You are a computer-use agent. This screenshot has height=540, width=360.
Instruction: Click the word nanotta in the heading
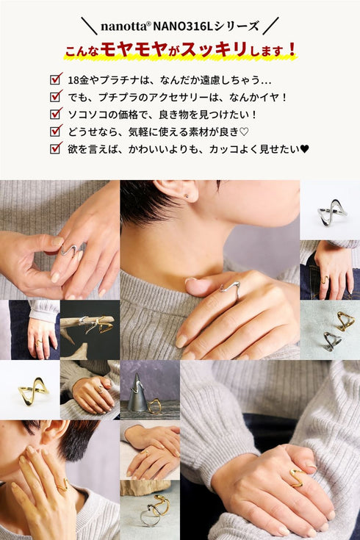pyautogui.click(x=123, y=27)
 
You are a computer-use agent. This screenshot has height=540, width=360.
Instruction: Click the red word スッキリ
pyautogui.click(x=214, y=49)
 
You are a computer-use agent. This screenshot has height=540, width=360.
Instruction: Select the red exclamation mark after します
pyautogui.click(x=292, y=49)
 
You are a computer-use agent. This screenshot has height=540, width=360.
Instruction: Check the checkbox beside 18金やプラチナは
pyautogui.click(x=56, y=79)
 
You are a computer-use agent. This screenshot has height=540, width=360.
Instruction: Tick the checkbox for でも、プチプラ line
pyautogui.click(x=56, y=96)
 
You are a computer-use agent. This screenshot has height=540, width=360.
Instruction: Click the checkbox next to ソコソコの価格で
pyautogui.click(x=56, y=114)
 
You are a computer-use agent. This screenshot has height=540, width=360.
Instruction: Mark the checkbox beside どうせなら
pyautogui.click(x=56, y=131)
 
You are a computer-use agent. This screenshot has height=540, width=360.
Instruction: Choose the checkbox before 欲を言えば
pyautogui.click(x=56, y=148)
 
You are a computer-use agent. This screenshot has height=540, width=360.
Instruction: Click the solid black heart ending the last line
pyautogui.click(x=304, y=149)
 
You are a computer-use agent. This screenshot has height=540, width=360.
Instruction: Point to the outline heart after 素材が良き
pyautogui.click(x=244, y=132)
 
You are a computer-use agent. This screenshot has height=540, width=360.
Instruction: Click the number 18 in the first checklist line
pyautogui.click(x=73, y=81)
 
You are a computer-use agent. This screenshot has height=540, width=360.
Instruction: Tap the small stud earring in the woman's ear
pyautogui.click(x=187, y=196)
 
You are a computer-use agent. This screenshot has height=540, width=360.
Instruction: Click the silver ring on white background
pyautogui.click(x=331, y=212)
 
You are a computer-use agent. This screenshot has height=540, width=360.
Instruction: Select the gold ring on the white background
pyautogui.click(x=33, y=391)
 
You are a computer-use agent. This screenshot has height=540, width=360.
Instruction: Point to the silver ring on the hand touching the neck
pyautogui.click(x=230, y=287)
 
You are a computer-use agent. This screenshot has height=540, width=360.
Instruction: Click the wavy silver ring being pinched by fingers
pyautogui.click(x=68, y=250)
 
